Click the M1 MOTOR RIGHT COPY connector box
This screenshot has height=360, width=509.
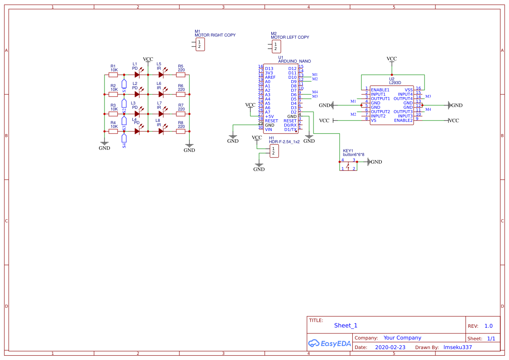(200, 44)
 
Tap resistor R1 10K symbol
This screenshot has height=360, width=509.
(113, 75)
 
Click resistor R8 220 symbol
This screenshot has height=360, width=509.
(181, 131)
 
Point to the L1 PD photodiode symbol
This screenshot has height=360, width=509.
(137, 75)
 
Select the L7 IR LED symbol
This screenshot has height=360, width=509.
(161, 114)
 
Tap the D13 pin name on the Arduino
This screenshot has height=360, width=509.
(269, 68)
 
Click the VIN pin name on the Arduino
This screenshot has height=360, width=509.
(268, 129)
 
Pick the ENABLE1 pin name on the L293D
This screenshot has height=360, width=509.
(380, 90)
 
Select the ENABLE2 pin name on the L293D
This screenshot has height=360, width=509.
(403, 120)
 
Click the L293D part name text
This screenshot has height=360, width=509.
(395, 82)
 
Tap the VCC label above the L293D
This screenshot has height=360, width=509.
(391, 59)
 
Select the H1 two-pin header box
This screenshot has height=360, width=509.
(274, 151)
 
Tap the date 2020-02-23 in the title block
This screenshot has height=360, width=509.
(390, 347)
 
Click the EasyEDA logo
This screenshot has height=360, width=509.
(329, 343)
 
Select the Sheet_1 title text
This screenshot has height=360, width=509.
(346, 325)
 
